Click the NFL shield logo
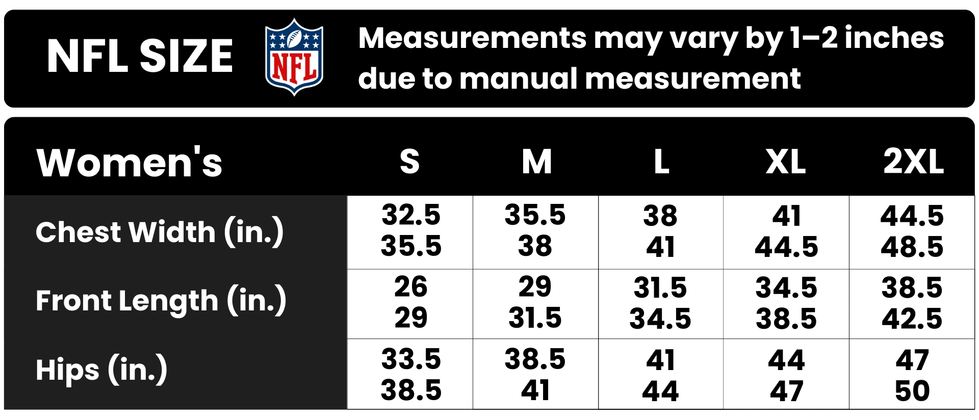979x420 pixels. [x=294, y=57]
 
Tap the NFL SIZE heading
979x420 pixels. [x=140, y=56]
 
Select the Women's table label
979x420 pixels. [x=130, y=163]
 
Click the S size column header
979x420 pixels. [x=410, y=162]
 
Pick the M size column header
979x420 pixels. [x=536, y=162]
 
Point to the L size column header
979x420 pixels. [x=661, y=162]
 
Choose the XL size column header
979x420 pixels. [x=786, y=162]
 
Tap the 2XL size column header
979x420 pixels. [x=913, y=162]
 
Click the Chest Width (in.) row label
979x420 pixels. [x=160, y=232]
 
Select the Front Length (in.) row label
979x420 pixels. [x=161, y=301]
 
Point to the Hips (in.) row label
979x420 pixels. [x=101, y=370]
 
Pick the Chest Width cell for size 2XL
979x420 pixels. [x=912, y=232]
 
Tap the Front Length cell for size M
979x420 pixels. [x=535, y=302]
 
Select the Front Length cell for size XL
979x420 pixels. [x=786, y=303]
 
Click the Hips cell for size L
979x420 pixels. [x=661, y=375]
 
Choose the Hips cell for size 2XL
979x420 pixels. [x=912, y=375]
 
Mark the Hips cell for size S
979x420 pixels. [x=410, y=375]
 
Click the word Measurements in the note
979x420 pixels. [x=472, y=38]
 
